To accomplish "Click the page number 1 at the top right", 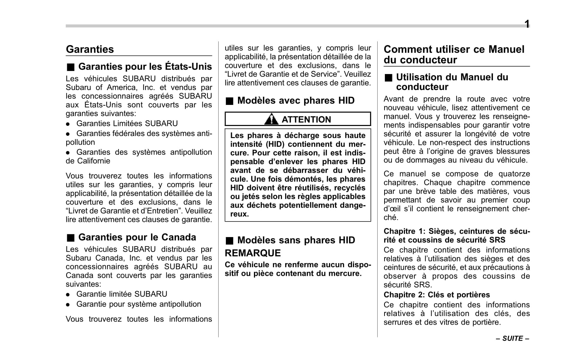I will (x=527, y=24).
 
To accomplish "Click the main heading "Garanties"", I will (x=90, y=49).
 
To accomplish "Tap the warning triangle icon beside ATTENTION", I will (x=271, y=119).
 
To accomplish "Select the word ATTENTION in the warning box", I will (x=306, y=119).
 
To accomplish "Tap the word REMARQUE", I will (x=253, y=253).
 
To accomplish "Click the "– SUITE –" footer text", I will (x=512, y=339).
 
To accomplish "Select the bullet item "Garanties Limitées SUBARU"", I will (x=127, y=124).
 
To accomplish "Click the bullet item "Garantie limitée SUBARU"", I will (x=122, y=294).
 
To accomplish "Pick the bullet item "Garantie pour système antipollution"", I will (x=139, y=304).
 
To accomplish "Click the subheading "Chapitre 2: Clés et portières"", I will (x=437, y=295).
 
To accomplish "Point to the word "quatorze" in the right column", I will (x=514, y=174).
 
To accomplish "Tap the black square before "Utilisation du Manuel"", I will (x=388, y=78).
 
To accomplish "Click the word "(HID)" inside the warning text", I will (x=275, y=144).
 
